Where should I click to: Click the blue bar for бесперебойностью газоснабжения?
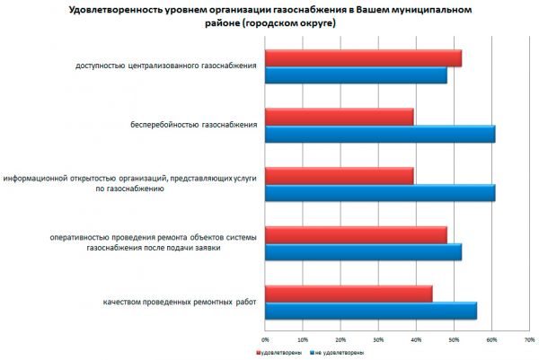tap(380, 135)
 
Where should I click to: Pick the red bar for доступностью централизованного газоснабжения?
tap(363, 58)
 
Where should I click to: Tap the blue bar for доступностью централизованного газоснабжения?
tap(356, 76)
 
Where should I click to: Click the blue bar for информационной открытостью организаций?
tap(380, 193)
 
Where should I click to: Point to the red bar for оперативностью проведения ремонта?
tap(356, 234)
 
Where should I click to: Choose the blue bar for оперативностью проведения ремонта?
tap(363, 252)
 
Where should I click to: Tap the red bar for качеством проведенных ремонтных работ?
tap(349, 293)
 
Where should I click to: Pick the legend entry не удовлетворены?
tap(336, 353)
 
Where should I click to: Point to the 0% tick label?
tap(265, 339)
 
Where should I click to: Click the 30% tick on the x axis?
tap(378, 339)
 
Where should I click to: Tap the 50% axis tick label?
tap(454, 339)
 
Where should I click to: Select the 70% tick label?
tap(529, 339)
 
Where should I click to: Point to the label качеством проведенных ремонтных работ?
tap(180, 301)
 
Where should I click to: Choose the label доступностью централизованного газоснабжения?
tap(165, 66)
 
